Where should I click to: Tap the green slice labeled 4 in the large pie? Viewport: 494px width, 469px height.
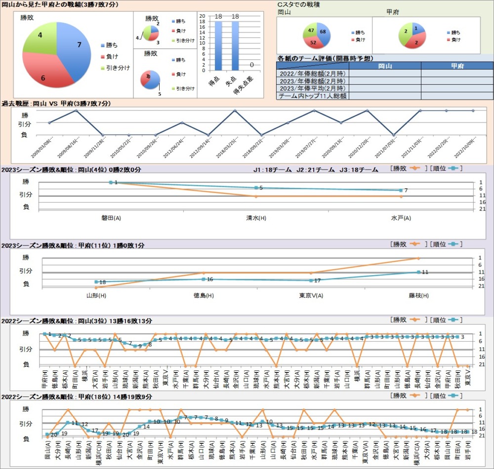click(x=40, y=37)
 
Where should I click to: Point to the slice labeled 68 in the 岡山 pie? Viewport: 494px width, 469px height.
click(x=324, y=32)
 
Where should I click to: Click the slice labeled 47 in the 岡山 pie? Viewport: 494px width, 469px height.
click(x=310, y=31)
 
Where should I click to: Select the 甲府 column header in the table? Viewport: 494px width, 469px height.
click(x=457, y=66)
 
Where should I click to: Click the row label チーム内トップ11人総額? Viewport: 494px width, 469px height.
click(x=312, y=96)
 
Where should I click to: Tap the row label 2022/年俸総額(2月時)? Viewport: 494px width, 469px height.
click(x=312, y=73)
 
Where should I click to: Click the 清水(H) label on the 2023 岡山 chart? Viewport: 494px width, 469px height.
click(x=256, y=217)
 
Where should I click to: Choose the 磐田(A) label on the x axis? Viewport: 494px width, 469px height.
click(x=111, y=217)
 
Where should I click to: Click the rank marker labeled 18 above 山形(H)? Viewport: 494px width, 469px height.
click(x=96, y=282)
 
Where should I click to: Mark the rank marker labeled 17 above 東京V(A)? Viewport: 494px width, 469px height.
click(x=311, y=280)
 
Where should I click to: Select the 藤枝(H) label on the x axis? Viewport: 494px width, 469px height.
click(x=418, y=295)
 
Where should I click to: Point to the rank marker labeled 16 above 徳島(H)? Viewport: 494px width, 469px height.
click(x=204, y=279)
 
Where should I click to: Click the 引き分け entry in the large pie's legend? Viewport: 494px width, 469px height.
click(x=118, y=68)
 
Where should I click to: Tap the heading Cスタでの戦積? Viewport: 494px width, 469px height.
click(x=298, y=4)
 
